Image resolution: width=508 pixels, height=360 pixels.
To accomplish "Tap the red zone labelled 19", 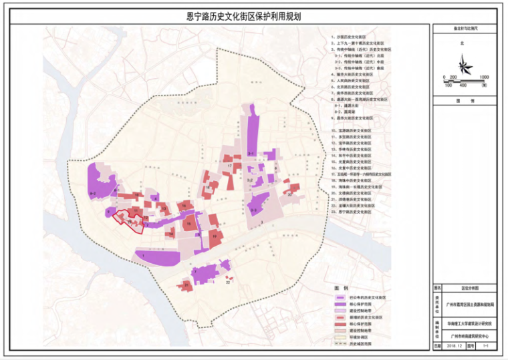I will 215,236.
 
